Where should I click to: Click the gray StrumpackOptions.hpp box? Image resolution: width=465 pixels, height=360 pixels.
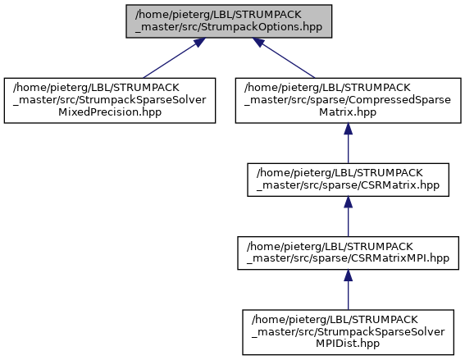[x=229, y=21]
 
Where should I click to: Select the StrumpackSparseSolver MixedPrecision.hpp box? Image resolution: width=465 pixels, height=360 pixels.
[x=110, y=101]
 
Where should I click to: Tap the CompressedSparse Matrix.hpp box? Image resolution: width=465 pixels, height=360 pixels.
[x=349, y=101]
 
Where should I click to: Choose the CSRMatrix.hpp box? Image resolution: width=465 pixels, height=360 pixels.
[x=349, y=180]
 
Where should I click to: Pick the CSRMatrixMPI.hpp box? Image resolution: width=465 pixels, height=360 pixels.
[x=349, y=253]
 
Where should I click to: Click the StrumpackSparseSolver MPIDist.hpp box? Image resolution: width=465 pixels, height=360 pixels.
[x=349, y=332]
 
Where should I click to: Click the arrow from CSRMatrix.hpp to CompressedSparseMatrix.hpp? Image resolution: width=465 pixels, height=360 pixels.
[x=349, y=144]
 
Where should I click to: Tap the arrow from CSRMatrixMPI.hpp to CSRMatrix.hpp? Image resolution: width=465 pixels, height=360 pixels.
[x=349, y=216]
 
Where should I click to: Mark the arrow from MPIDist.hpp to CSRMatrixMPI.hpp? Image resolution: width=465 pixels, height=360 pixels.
[x=349, y=289]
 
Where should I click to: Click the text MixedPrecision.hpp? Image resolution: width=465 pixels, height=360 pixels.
[x=110, y=112]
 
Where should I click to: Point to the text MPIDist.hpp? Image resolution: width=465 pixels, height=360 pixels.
[x=348, y=344]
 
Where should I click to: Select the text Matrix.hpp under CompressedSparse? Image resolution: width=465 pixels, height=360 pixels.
[x=348, y=112]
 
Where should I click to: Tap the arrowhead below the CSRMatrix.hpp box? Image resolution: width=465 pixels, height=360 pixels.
[x=349, y=202]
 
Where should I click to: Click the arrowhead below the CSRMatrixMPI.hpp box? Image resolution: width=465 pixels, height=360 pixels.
[x=349, y=276]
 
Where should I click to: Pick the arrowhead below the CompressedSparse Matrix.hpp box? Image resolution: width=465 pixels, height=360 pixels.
[x=349, y=129]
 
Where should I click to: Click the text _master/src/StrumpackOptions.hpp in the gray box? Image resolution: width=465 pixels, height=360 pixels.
[x=229, y=27]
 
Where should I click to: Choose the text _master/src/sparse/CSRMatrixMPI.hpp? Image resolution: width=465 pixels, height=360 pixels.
[x=349, y=258]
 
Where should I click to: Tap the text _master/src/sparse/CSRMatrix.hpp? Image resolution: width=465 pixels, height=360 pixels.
[x=349, y=185]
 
